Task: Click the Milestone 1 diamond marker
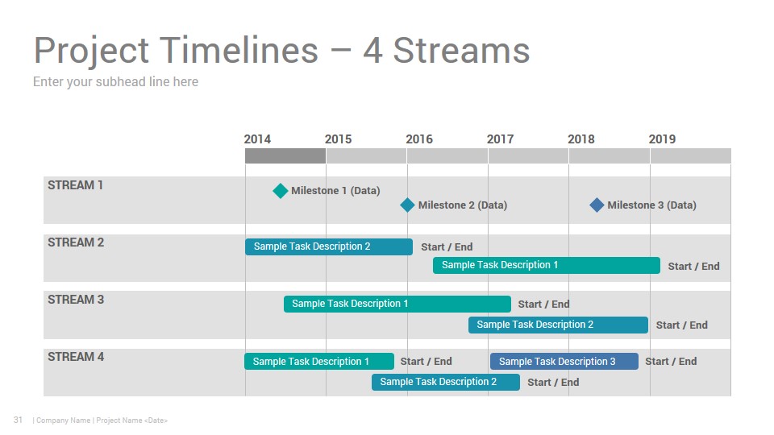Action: (281, 190)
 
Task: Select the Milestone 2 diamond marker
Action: (407, 205)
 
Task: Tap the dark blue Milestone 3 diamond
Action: (597, 205)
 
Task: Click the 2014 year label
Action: (257, 139)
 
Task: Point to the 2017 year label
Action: (500, 139)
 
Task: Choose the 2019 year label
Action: (662, 139)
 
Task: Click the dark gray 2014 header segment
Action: (285, 155)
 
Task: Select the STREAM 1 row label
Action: (75, 185)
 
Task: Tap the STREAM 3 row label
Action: (76, 300)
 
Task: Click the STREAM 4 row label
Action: (76, 357)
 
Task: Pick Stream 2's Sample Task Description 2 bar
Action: (329, 246)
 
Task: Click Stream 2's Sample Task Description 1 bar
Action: (547, 265)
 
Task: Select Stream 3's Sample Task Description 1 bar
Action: (397, 304)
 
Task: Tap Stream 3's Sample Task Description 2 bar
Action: (558, 325)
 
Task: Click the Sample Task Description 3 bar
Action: (564, 362)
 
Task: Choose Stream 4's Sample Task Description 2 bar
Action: (446, 382)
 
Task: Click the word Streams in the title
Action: (461, 50)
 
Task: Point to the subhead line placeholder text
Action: (115, 82)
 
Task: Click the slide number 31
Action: (18, 420)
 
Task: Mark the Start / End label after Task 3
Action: (671, 362)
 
